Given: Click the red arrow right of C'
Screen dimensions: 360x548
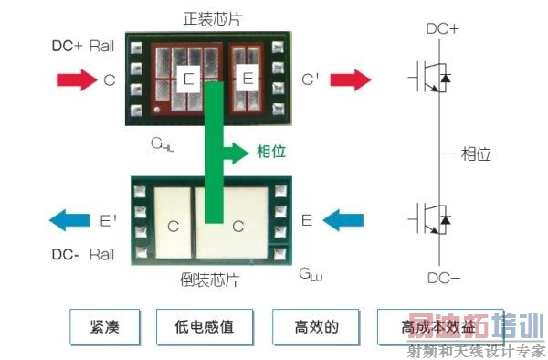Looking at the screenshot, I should pyautogui.click(x=351, y=80).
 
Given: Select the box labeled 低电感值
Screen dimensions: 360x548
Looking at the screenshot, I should pyautogui.click(x=203, y=324).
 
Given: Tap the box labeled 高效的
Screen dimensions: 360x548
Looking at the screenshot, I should pyautogui.click(x=312, y=324).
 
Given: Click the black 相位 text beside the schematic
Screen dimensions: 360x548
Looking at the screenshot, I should pyautogui.click(x=476, y=154).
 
